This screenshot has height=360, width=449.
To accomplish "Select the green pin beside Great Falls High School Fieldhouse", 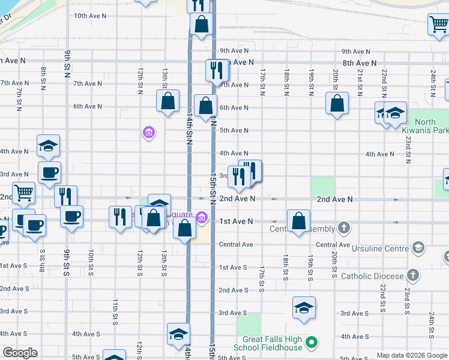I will click(311, 343).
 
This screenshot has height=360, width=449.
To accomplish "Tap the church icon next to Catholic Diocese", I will click(412, 275).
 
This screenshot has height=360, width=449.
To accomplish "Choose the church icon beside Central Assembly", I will click(343, 228).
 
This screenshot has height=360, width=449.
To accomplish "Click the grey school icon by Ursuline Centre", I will click(418, 248).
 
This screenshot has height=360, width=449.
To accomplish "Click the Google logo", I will click(19, 353).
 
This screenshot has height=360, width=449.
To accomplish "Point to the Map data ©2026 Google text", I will click(411, 355).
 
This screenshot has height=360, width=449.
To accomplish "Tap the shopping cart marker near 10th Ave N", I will click(439, 25).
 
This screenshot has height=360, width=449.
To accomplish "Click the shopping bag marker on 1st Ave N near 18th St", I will click(298, 221).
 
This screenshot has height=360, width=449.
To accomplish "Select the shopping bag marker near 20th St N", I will click(337, 103).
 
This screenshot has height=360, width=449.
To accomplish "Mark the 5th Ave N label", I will click(234, 130).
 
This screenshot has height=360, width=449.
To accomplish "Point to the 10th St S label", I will click(91, 262).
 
